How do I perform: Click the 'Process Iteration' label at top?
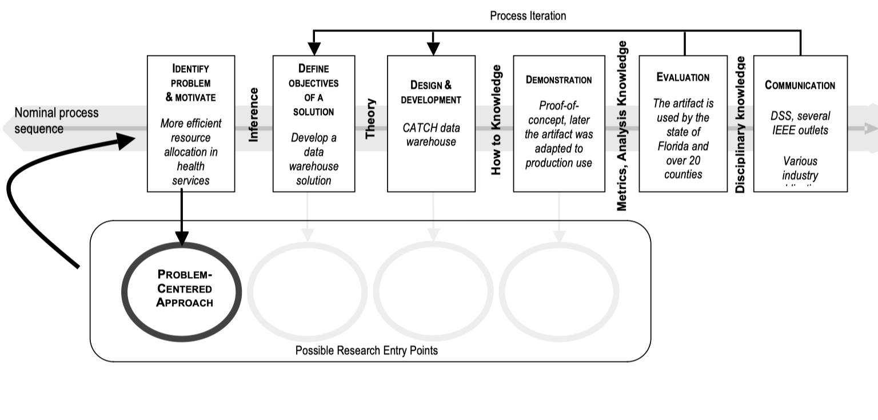tap(528, 16)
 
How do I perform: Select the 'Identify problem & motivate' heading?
tap(190, 83)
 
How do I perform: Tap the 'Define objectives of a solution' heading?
tap(314, 90)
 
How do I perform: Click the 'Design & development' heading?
tap(431, 92)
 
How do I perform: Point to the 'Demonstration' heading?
tap(558, 80)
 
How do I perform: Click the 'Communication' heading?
tap(800, 85)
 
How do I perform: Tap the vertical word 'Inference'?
tap(254, 114)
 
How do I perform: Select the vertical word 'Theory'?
tap(371, 119)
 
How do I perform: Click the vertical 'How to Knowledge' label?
tap(497, 120)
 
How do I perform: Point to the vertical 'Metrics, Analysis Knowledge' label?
tap(622, 126)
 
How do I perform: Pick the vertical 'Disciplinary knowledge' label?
tap(741, 124)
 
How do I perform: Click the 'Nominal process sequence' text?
tap(56, 121)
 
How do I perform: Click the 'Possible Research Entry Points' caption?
tap(366, 350)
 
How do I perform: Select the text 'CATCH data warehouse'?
tap(431, 134)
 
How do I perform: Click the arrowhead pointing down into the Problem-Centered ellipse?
tap(182, 238)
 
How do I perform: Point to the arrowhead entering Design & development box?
tap(433, 49)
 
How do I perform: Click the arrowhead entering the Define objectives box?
tap(314, 49)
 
